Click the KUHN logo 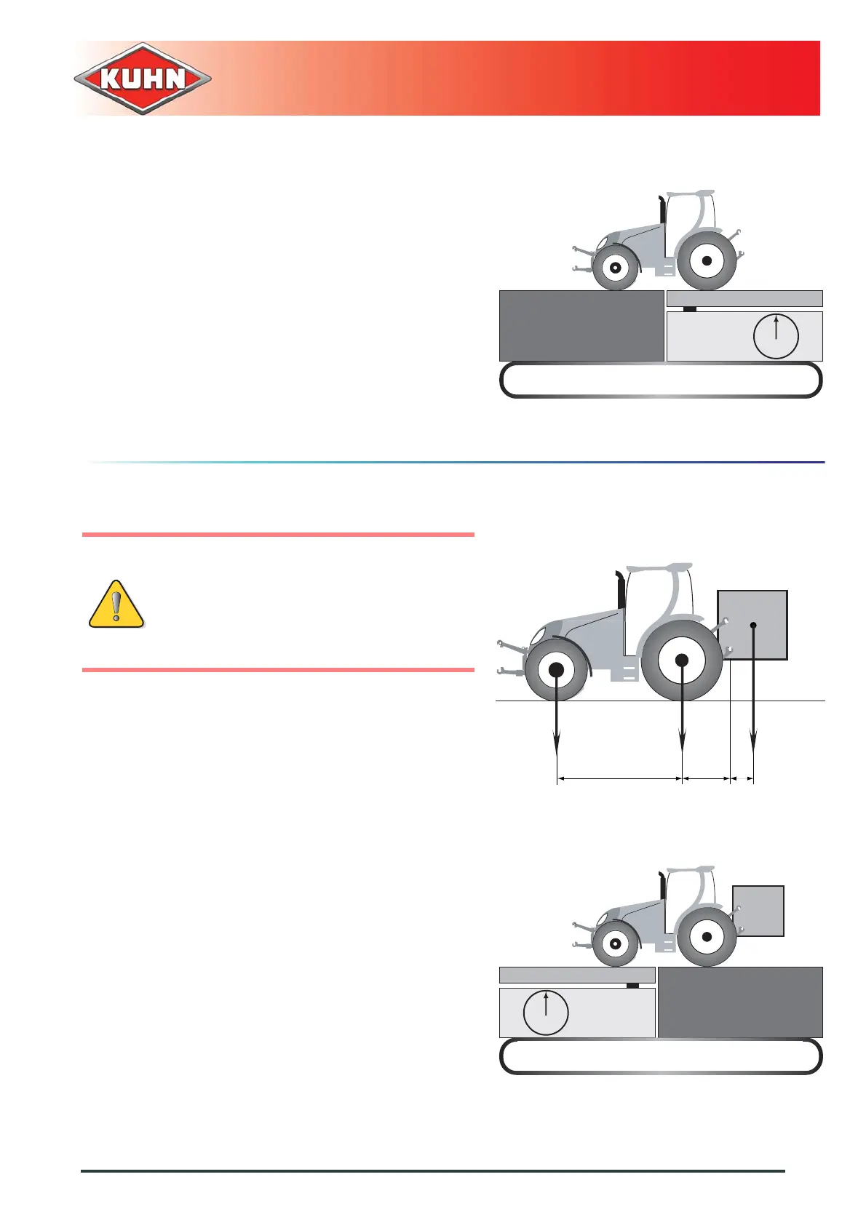pyautogui.click(x=143, y=79)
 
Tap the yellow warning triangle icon pyautogui.click(x=116, y=604)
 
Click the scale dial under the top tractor pyautogui.click(x=776, y=336)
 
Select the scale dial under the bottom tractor pyautogui.click(x=546, y=1012)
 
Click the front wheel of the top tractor pyautogui.click(x=616, y=268)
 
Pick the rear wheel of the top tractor pyautogui.click(x=706, y=260)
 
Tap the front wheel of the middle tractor pyautogui.click(x=556, y=670)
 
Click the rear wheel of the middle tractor pyautogui.click(x=682, y=661)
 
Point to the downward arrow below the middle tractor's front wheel pyautogui.click(x=557, y=727)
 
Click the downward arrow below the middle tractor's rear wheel pyautogui.click(x=682, y=727)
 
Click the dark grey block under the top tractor pyautogui.click(x=581, y=326)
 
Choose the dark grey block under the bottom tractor pyautogui.click(x=740, y=1002)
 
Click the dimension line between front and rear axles pyautogui.click(x=619, y=779)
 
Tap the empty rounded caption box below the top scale pyautogui.click(x=661, y=380)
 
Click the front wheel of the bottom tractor pyautogui.click(x=616, y=944)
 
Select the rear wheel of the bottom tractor pyautogui.click(x=706, y=937)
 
